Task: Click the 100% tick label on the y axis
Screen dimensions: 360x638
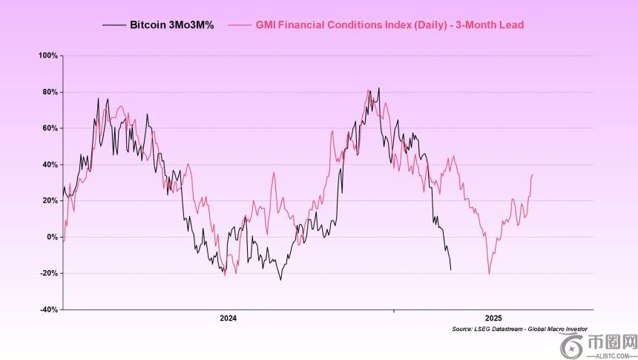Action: [x=48, y=56]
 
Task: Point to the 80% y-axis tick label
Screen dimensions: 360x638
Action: [x=50, y=92]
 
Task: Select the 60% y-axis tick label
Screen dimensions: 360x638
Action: [x=50, y=128]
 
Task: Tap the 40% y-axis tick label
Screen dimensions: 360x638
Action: [x=50, y=165]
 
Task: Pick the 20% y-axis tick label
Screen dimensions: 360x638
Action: [x=50, y=200]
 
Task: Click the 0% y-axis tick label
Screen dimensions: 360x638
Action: [x=52, y=237]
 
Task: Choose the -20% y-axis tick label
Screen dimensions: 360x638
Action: [x=49, y=273]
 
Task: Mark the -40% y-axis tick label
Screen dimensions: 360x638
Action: [x=49, y=310]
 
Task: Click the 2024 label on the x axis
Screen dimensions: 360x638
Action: [x=228, y=318]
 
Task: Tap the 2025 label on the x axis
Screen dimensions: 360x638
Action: [x=493, y=318]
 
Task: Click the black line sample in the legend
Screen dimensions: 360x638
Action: [x=114, y=25]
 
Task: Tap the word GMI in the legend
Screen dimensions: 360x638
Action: [x=266, y=25]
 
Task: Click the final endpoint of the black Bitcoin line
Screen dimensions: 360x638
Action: [x=450, y=269]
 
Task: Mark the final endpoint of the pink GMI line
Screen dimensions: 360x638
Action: [x=533, y=174]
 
